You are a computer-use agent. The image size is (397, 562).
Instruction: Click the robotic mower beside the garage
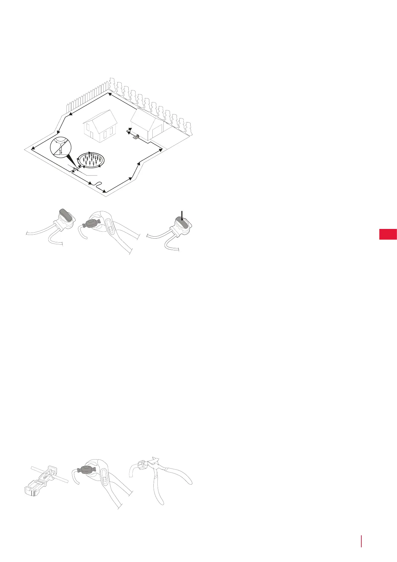135,136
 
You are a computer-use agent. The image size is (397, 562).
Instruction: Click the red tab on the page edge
388,234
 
